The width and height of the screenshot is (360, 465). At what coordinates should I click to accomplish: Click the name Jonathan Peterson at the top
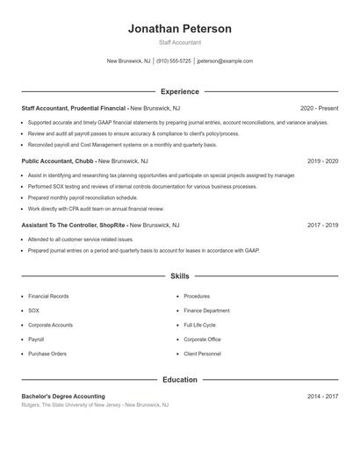point(180,29)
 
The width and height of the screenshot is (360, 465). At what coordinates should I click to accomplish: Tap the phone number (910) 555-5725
point(174,61)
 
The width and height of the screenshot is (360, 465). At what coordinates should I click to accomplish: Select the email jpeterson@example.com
point(225,61)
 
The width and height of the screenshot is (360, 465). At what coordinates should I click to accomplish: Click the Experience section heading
point(180,91)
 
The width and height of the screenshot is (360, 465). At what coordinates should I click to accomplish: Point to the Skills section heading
point(180,275)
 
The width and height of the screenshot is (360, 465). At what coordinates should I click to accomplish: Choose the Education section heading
point(180,380)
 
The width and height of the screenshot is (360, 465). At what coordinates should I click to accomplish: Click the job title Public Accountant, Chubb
point(58,161)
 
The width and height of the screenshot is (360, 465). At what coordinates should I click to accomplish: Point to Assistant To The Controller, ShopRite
point(74,225)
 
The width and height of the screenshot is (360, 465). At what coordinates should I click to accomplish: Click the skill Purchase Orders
point(47,354)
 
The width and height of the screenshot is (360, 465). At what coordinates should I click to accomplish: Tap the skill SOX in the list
point(33,311)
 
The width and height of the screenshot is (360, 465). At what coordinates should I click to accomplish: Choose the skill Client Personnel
point(203,354)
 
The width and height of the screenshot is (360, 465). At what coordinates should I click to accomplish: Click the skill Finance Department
point(206,311)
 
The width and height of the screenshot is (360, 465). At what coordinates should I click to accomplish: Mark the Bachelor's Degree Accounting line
point(63,397)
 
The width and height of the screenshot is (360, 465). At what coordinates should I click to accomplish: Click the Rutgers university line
point(95,405)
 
